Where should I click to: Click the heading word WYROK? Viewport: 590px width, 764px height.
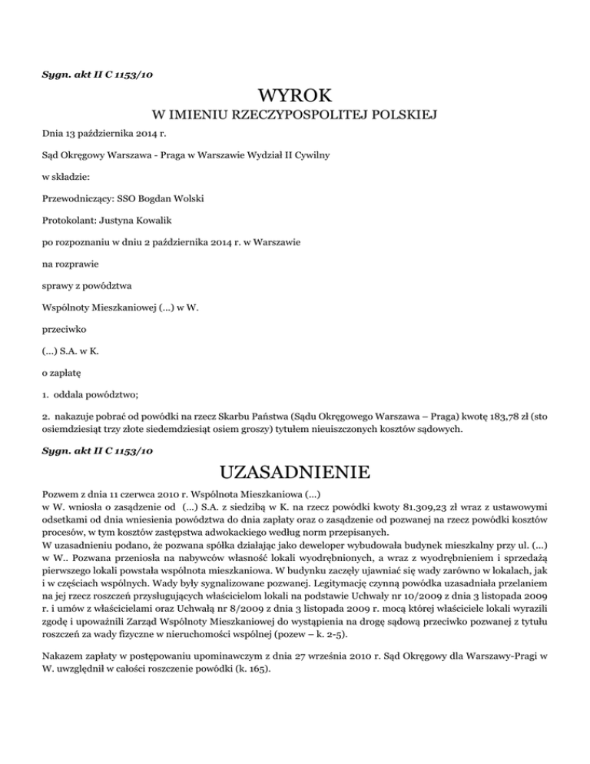(x=295, y=96)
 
